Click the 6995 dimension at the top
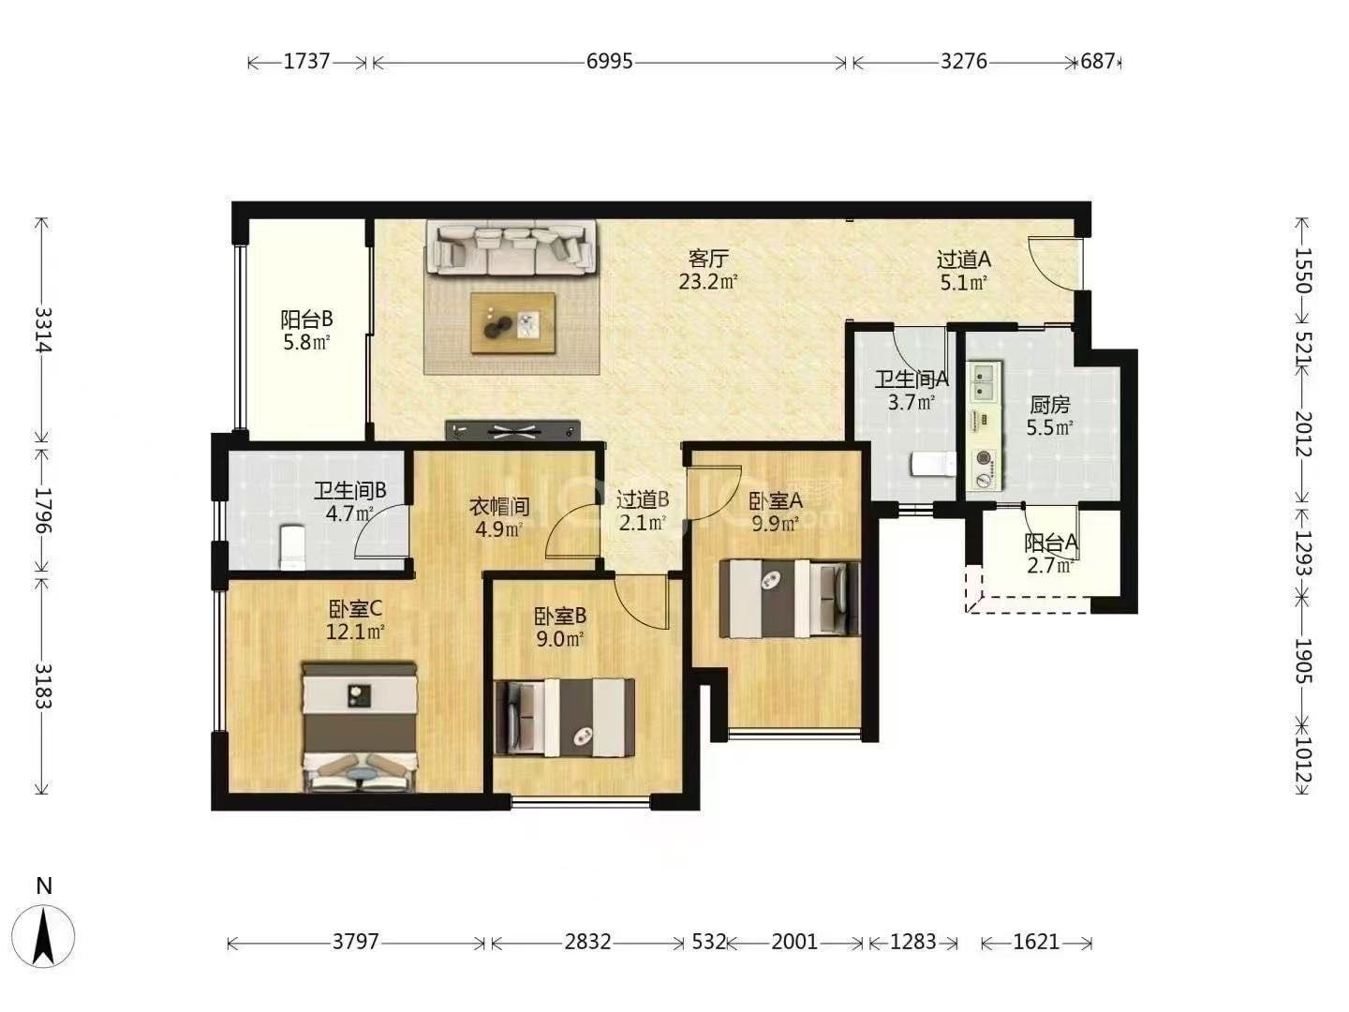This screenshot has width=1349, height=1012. [609, 62]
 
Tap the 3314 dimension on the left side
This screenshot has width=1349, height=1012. [43, 330]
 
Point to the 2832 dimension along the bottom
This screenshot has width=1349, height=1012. [587, 942]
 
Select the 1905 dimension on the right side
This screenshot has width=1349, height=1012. [1303, 662]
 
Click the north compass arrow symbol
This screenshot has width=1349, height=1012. [43, 937]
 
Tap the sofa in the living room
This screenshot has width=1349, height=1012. [511, 247]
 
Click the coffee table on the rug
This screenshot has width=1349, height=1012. [512, 322]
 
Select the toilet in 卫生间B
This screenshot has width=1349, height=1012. [292, 545]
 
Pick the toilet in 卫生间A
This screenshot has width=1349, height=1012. [933, 464]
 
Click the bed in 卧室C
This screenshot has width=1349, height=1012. [360, 726]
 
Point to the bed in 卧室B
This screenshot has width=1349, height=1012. [565, 717]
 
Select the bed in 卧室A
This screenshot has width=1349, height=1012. [790, 598]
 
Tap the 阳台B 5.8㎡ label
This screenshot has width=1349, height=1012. [306, 330]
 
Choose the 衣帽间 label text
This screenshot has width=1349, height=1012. [499, 507]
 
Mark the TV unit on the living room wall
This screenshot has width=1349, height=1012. [512, 430]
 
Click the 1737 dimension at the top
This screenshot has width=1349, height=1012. [306, 62]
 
